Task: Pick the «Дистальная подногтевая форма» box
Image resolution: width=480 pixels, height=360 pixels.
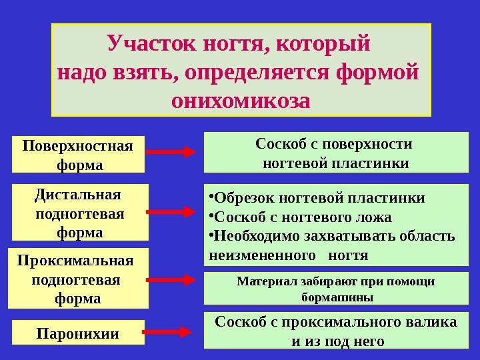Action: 79,213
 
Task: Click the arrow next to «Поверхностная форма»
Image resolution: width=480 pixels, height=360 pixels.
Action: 170,152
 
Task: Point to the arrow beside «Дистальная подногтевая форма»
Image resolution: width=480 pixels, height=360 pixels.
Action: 170,213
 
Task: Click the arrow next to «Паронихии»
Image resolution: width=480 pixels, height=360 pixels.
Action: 170,330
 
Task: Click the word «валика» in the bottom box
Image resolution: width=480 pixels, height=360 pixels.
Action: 434,323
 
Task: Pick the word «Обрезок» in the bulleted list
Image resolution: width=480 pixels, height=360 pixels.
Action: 241,199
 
